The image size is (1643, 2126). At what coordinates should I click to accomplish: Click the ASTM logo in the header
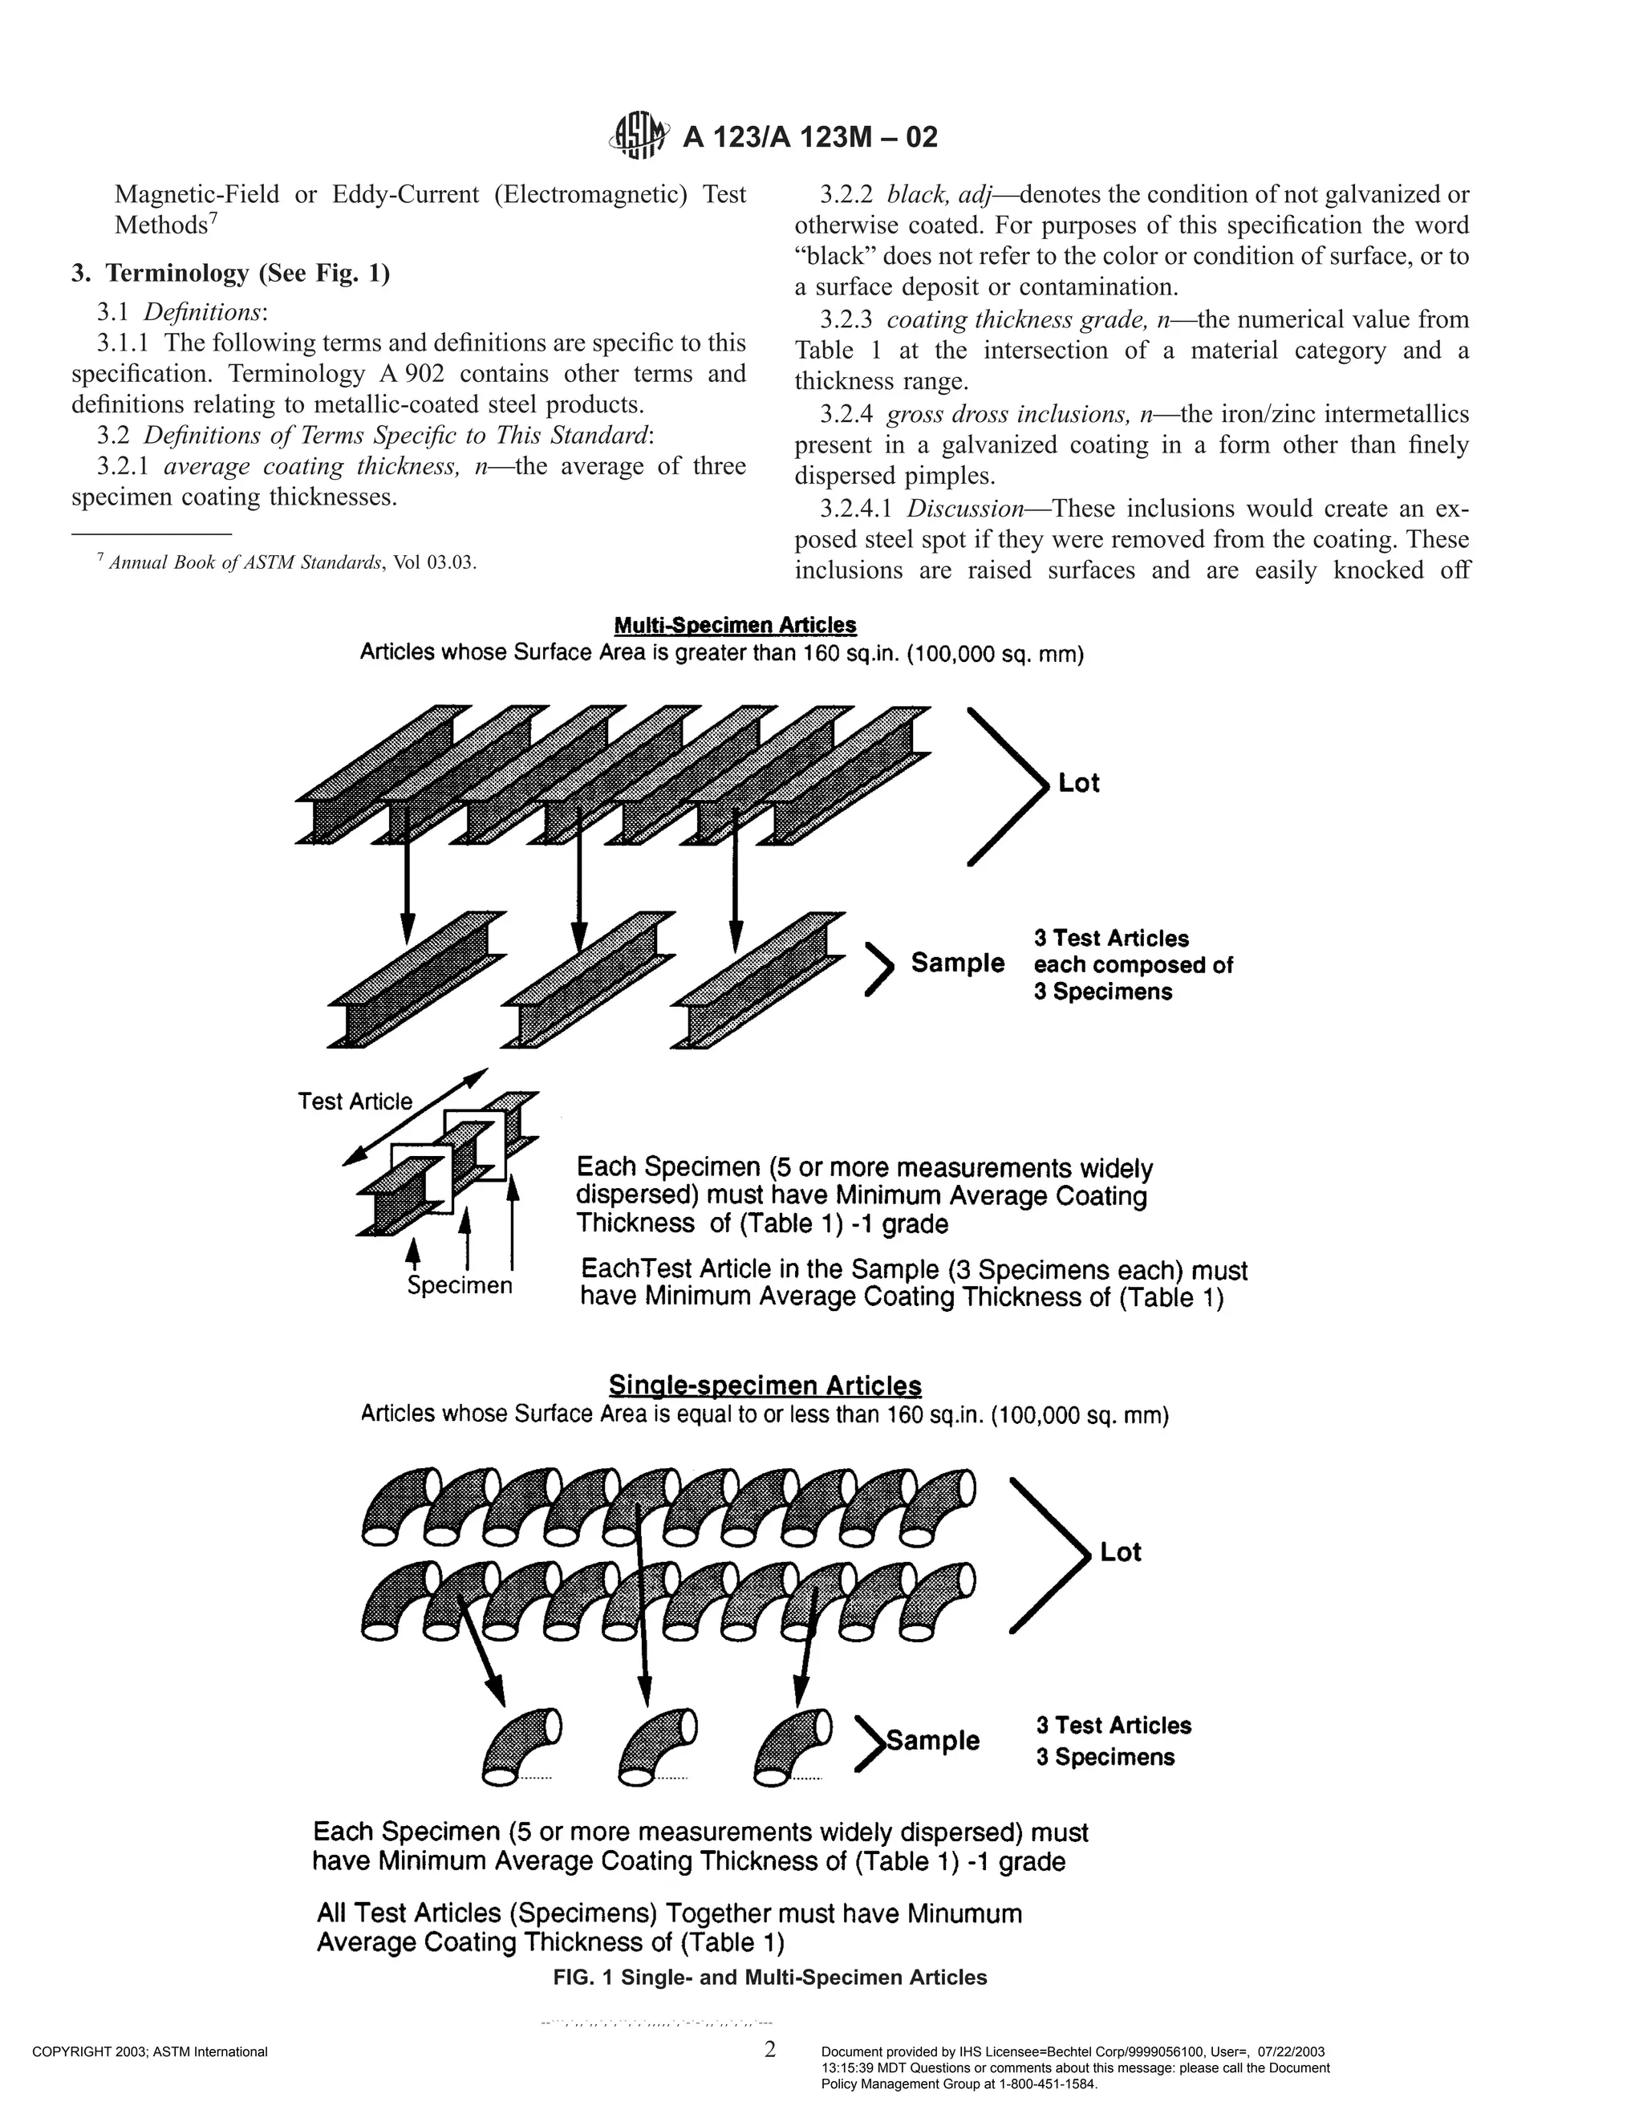point(639,136)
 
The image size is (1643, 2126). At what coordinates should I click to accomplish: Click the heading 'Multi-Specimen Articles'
point(735,625)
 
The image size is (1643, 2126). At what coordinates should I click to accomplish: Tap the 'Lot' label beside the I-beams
point(1078,784)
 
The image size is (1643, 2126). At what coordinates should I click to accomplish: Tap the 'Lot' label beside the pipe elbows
point(1120,1552)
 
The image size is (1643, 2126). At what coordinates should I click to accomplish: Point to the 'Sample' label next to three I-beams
point(957,963)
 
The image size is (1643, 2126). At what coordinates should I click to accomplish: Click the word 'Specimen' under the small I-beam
point(460,1286)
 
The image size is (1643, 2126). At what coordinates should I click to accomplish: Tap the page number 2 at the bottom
point(770,2050)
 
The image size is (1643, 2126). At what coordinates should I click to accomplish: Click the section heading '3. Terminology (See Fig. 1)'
point(231,274)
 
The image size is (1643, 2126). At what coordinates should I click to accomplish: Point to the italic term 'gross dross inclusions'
point(1008,415)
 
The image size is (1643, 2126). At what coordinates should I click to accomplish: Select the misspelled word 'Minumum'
point(964,1913)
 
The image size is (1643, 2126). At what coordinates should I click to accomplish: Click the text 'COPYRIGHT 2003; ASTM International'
point(150,2052)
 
